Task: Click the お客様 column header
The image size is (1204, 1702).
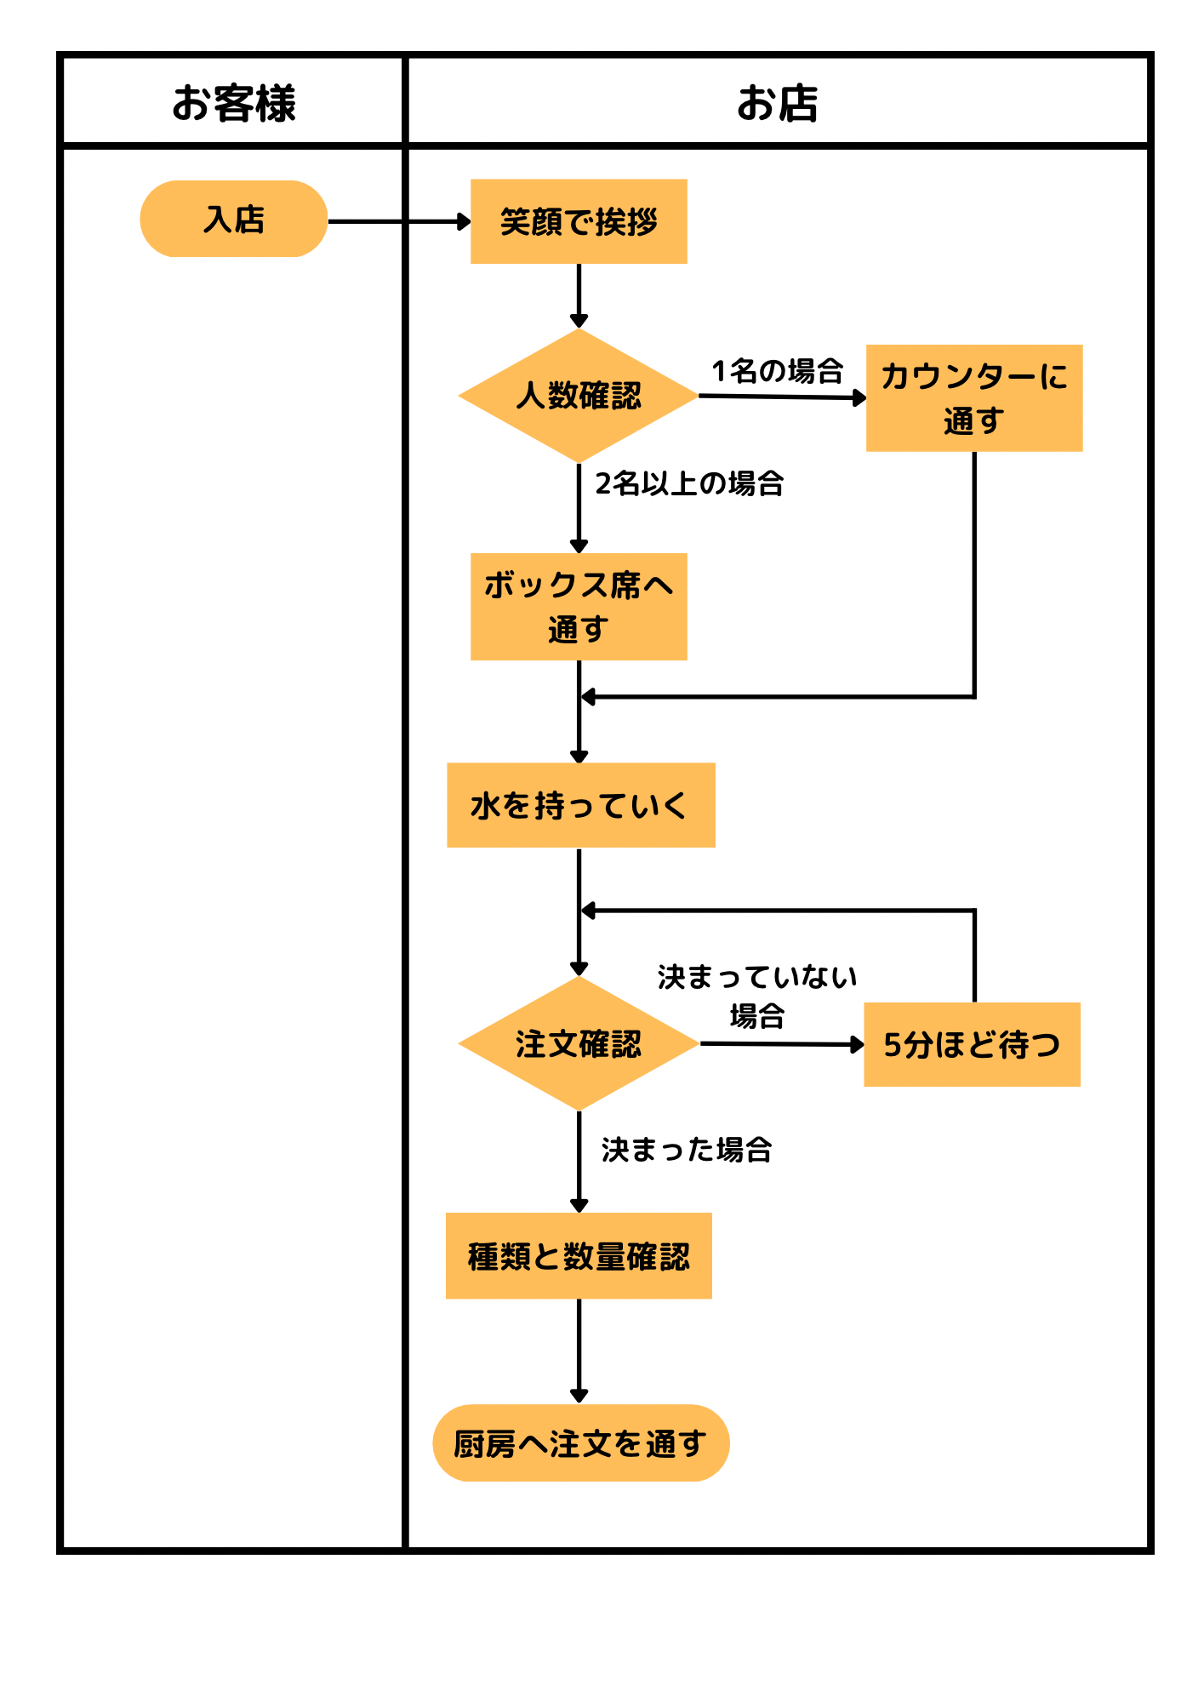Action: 233,103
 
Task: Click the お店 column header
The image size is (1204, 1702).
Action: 777,103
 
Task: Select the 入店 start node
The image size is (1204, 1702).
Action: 233,219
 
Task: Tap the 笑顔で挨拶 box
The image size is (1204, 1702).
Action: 579,221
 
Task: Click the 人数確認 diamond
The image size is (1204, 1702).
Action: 579,396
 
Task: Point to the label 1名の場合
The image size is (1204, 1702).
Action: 777,371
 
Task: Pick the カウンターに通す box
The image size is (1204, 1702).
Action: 974,397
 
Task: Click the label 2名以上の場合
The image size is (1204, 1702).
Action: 689,483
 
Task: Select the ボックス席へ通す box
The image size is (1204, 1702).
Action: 579,606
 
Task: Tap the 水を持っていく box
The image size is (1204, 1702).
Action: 580,805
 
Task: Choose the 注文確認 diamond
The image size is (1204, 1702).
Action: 579,1043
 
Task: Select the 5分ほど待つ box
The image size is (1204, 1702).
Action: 972,1044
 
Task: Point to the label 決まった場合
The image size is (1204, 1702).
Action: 687,1150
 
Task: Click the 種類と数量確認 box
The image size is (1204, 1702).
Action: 579,1256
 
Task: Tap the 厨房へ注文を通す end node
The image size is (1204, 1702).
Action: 580,1443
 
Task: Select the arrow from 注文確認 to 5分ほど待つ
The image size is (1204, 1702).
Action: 781,1044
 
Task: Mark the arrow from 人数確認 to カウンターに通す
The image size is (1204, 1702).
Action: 781,397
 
